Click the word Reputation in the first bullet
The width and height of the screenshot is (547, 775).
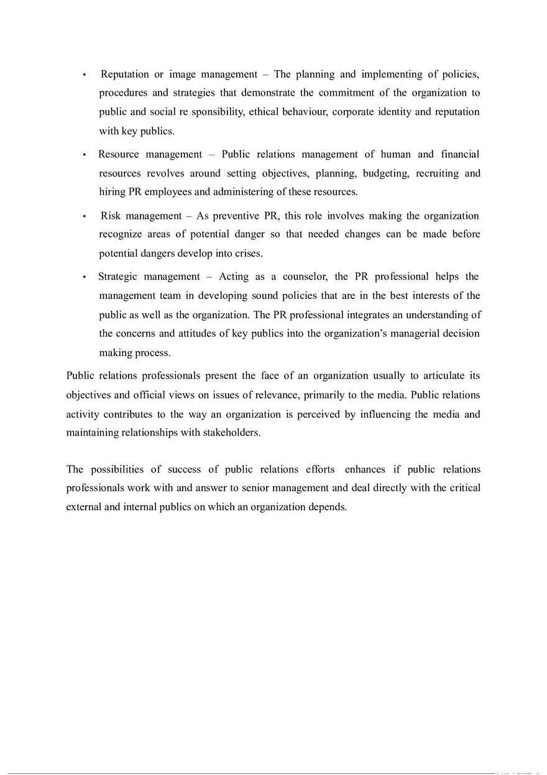(x=125, y=75)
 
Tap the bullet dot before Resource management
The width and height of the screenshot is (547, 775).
(x=85, y=155)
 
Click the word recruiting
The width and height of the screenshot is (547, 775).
(x=437, y=173)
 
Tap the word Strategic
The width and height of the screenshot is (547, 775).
(x=117, y=277)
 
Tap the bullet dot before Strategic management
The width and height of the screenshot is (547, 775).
(x=85, y=277)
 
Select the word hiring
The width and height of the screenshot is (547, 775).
(x=112, y=192)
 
